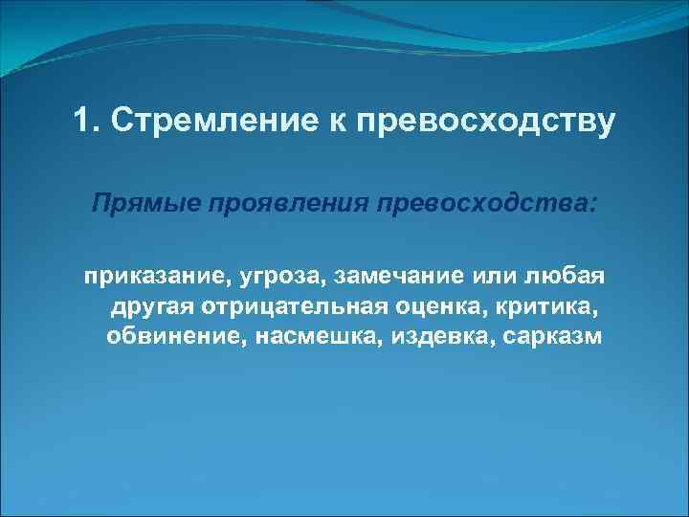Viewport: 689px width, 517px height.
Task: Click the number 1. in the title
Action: (x=85, y=122)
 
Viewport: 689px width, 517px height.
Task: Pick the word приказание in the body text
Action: (x=139, y=278)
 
